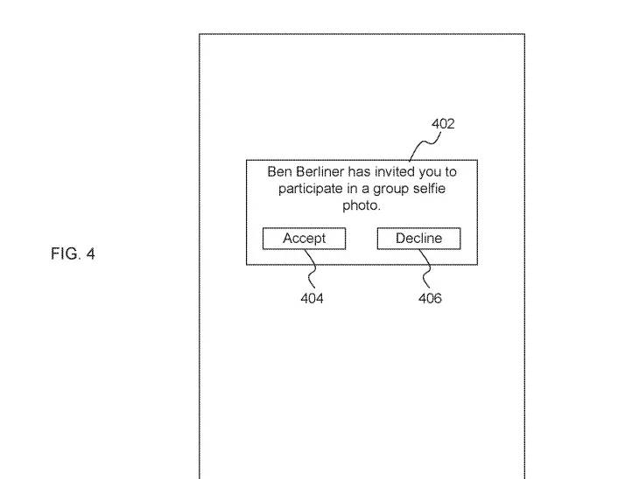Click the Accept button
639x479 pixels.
click(x=304, y=239)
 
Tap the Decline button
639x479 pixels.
click(x=418, y=239)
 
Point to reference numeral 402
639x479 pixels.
click(x=443, y=124)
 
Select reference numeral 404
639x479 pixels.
click(x=312, y=299)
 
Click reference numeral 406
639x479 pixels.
click(x=430, y=299)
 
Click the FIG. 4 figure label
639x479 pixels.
click(x=74, y=254)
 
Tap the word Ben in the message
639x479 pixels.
click(x=279, y=172)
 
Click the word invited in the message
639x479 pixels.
click(x=400, y=172)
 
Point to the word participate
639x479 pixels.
click(x=310, y=190)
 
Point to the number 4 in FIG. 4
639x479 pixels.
click(x=91, y=254)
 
